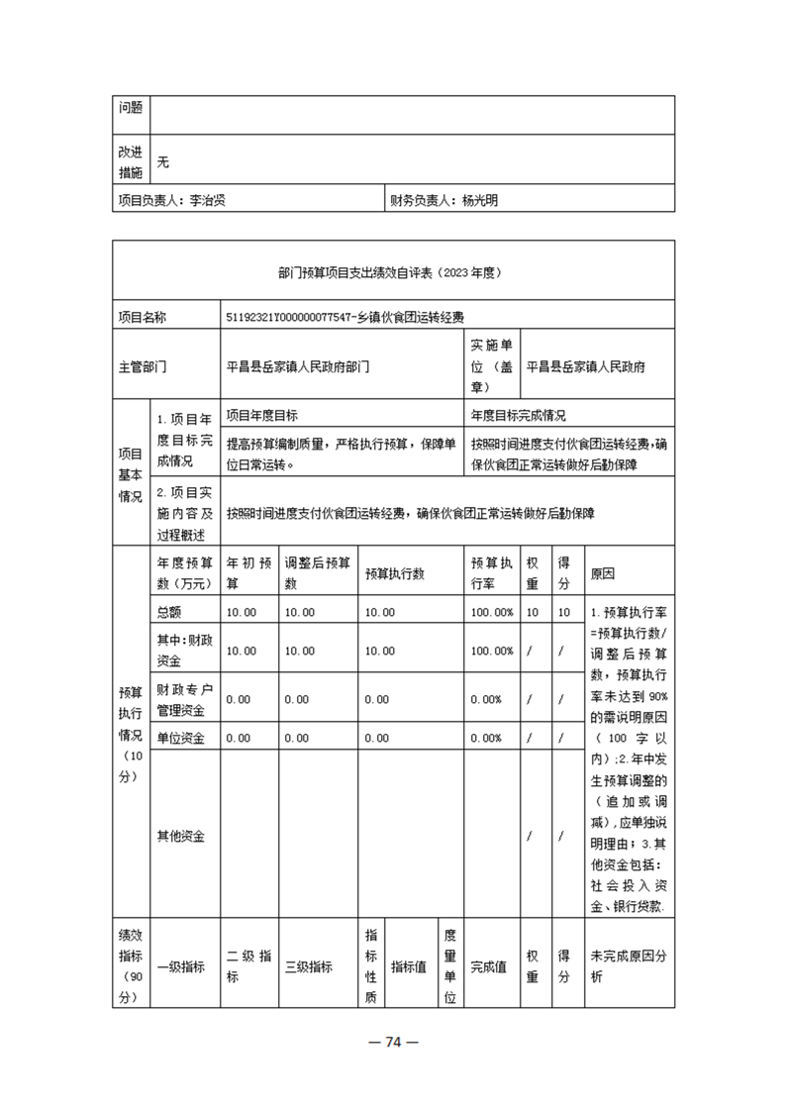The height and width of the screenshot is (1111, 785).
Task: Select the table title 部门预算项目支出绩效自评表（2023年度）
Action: click(x=393, y=269)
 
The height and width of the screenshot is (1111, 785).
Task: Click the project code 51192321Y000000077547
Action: click(x=288, y=317)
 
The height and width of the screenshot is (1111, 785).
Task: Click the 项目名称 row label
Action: click(x=142, y=317)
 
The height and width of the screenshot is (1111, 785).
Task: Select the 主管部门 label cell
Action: click(x=142, y=366)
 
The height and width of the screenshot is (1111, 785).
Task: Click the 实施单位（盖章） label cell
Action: click(x=492, y=366)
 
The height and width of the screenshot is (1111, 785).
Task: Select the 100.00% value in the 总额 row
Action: click(x=492, y=612)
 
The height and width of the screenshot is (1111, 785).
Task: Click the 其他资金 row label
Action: click(x=181, y=836)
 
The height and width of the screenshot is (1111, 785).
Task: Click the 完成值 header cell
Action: click(x=488, y=966)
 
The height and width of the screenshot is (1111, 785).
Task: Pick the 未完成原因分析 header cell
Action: click(x=629, y=966)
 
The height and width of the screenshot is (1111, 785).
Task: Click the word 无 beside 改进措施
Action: click(x=163, y=162)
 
